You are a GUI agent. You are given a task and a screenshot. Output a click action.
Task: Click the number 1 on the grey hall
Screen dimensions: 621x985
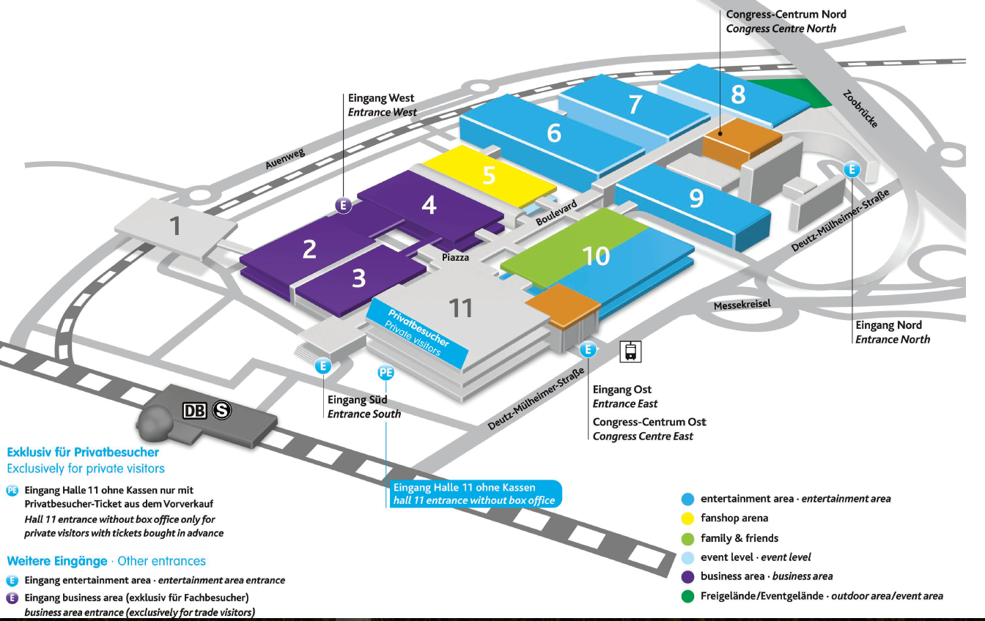[x=174, y=226]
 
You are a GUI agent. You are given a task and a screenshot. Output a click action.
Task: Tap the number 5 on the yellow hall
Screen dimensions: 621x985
[x=489, y=176]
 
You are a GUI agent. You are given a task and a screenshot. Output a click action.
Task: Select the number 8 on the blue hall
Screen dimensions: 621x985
[x=738, y=94]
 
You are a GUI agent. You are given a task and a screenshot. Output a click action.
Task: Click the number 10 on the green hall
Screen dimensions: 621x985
[x=596, y=256]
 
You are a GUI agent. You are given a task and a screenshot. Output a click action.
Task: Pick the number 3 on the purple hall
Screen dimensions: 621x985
[x=358, y=278]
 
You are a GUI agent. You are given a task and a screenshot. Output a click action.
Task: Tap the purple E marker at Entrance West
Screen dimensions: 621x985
[x=343, y=206]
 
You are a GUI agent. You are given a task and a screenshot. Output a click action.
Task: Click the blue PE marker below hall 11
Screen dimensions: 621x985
[x=385, y=373]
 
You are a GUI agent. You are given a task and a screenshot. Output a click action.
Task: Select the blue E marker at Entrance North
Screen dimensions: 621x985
[x=852, y=169]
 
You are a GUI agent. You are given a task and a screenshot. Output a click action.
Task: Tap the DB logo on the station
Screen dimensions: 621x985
[x=195, y=411]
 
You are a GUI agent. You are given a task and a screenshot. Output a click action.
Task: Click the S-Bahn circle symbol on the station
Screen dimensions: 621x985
[x=222, y=411]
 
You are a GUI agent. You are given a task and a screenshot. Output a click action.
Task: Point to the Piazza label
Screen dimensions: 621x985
[x=455, y=258]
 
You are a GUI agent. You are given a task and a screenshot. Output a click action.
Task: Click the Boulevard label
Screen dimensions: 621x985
[x=556, y=213]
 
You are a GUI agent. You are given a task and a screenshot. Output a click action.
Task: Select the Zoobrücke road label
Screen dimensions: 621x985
[x=860, y=109]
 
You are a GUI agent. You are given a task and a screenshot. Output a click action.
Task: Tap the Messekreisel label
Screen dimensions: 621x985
[x=742, y=304]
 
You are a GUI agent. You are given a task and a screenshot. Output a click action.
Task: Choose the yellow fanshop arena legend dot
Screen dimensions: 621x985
[x=687, y=518]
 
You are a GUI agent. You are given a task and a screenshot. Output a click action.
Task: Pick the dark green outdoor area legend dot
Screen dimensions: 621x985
[x=687, y=596]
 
